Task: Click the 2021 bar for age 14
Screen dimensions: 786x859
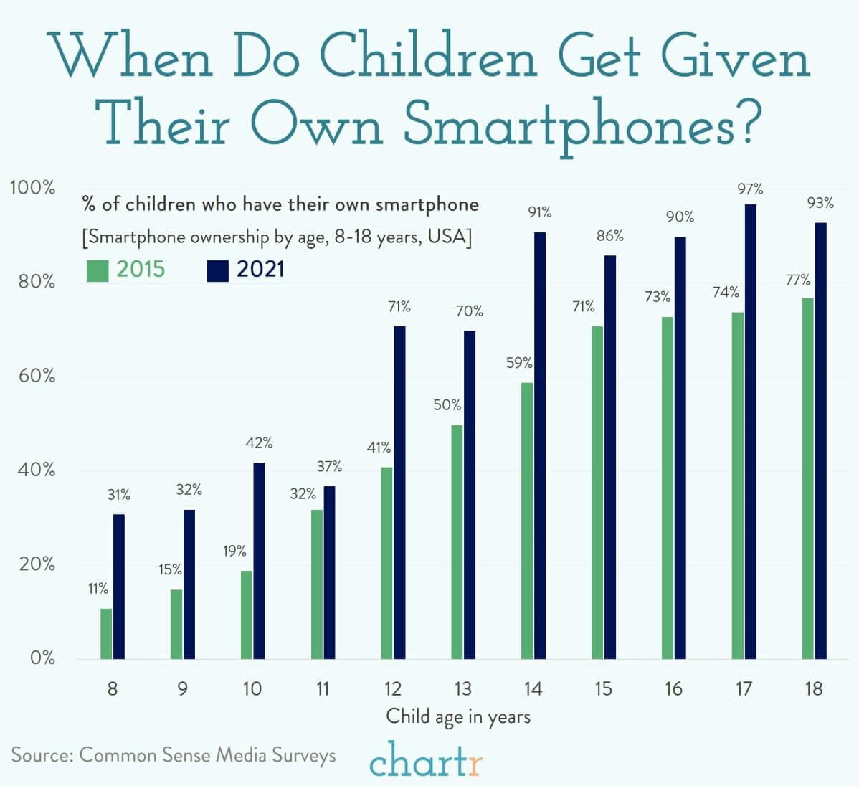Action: coord(540,445)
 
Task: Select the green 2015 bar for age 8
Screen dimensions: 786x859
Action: coord(106,634)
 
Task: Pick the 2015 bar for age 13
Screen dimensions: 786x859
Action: coord(457,542)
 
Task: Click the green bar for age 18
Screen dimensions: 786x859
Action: coord(807,479)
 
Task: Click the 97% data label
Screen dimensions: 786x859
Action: coord(751,190)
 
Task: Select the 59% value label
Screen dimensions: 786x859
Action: coord(518,363)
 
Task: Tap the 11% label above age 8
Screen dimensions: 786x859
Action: coord(98,589)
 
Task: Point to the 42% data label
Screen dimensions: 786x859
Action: coord(259,443)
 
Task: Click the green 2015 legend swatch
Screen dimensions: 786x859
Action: coord(97,270)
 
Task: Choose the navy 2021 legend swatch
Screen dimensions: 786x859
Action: coord(217,270)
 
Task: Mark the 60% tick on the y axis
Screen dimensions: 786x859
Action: coord(32,376)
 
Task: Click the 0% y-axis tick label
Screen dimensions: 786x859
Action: coord(42,658)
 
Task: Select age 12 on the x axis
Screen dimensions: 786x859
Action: coord(392,689)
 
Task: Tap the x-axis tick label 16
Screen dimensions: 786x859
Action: coord(673,689)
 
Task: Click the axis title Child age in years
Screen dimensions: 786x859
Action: coord(458,716)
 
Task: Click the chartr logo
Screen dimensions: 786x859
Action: coord(426,761)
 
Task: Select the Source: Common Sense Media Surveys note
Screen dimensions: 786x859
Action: coord(174,755)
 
